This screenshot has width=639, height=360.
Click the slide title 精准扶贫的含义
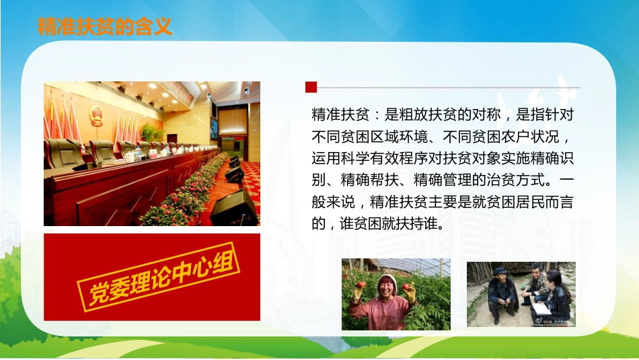pyautogui.click(x=105, y=26)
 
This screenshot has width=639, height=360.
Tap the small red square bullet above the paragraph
pyautogui.click(x=311, y=87)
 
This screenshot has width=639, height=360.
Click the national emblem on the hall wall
pyautogui.click(x=97, y=115)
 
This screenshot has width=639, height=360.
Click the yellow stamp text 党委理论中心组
pyautogui.click(x=161, y=276)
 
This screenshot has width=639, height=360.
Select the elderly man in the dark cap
pyautogui.click(x=501, y=293)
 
